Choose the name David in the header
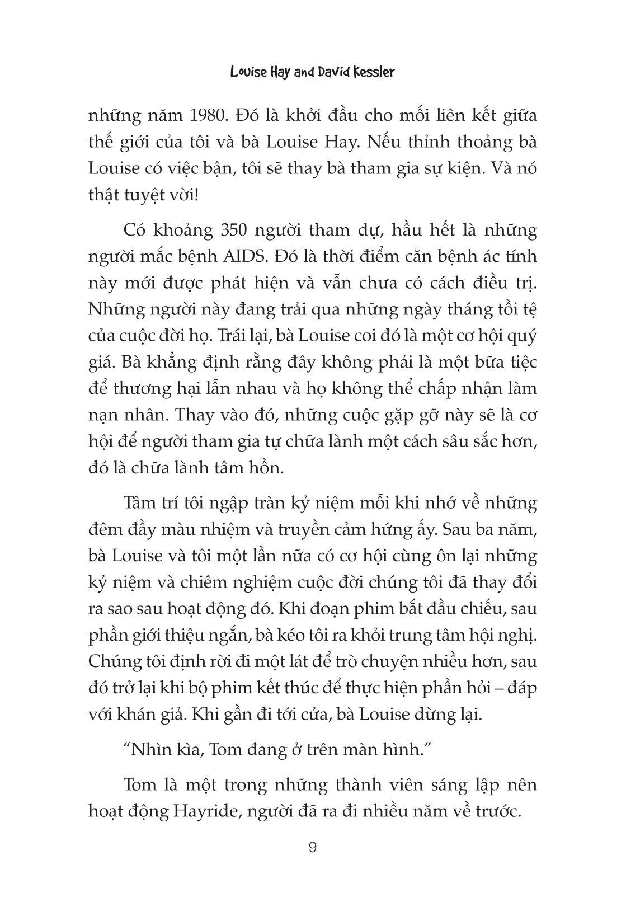pyautogui.click(x=322, y=73)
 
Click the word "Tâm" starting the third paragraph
pyautogui.click(x=142, y=504)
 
